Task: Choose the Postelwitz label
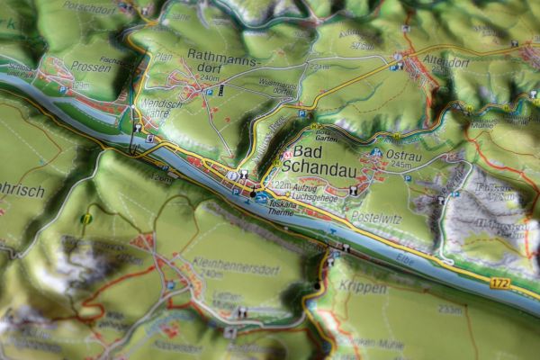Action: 376,217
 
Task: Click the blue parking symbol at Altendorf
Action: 397,66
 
